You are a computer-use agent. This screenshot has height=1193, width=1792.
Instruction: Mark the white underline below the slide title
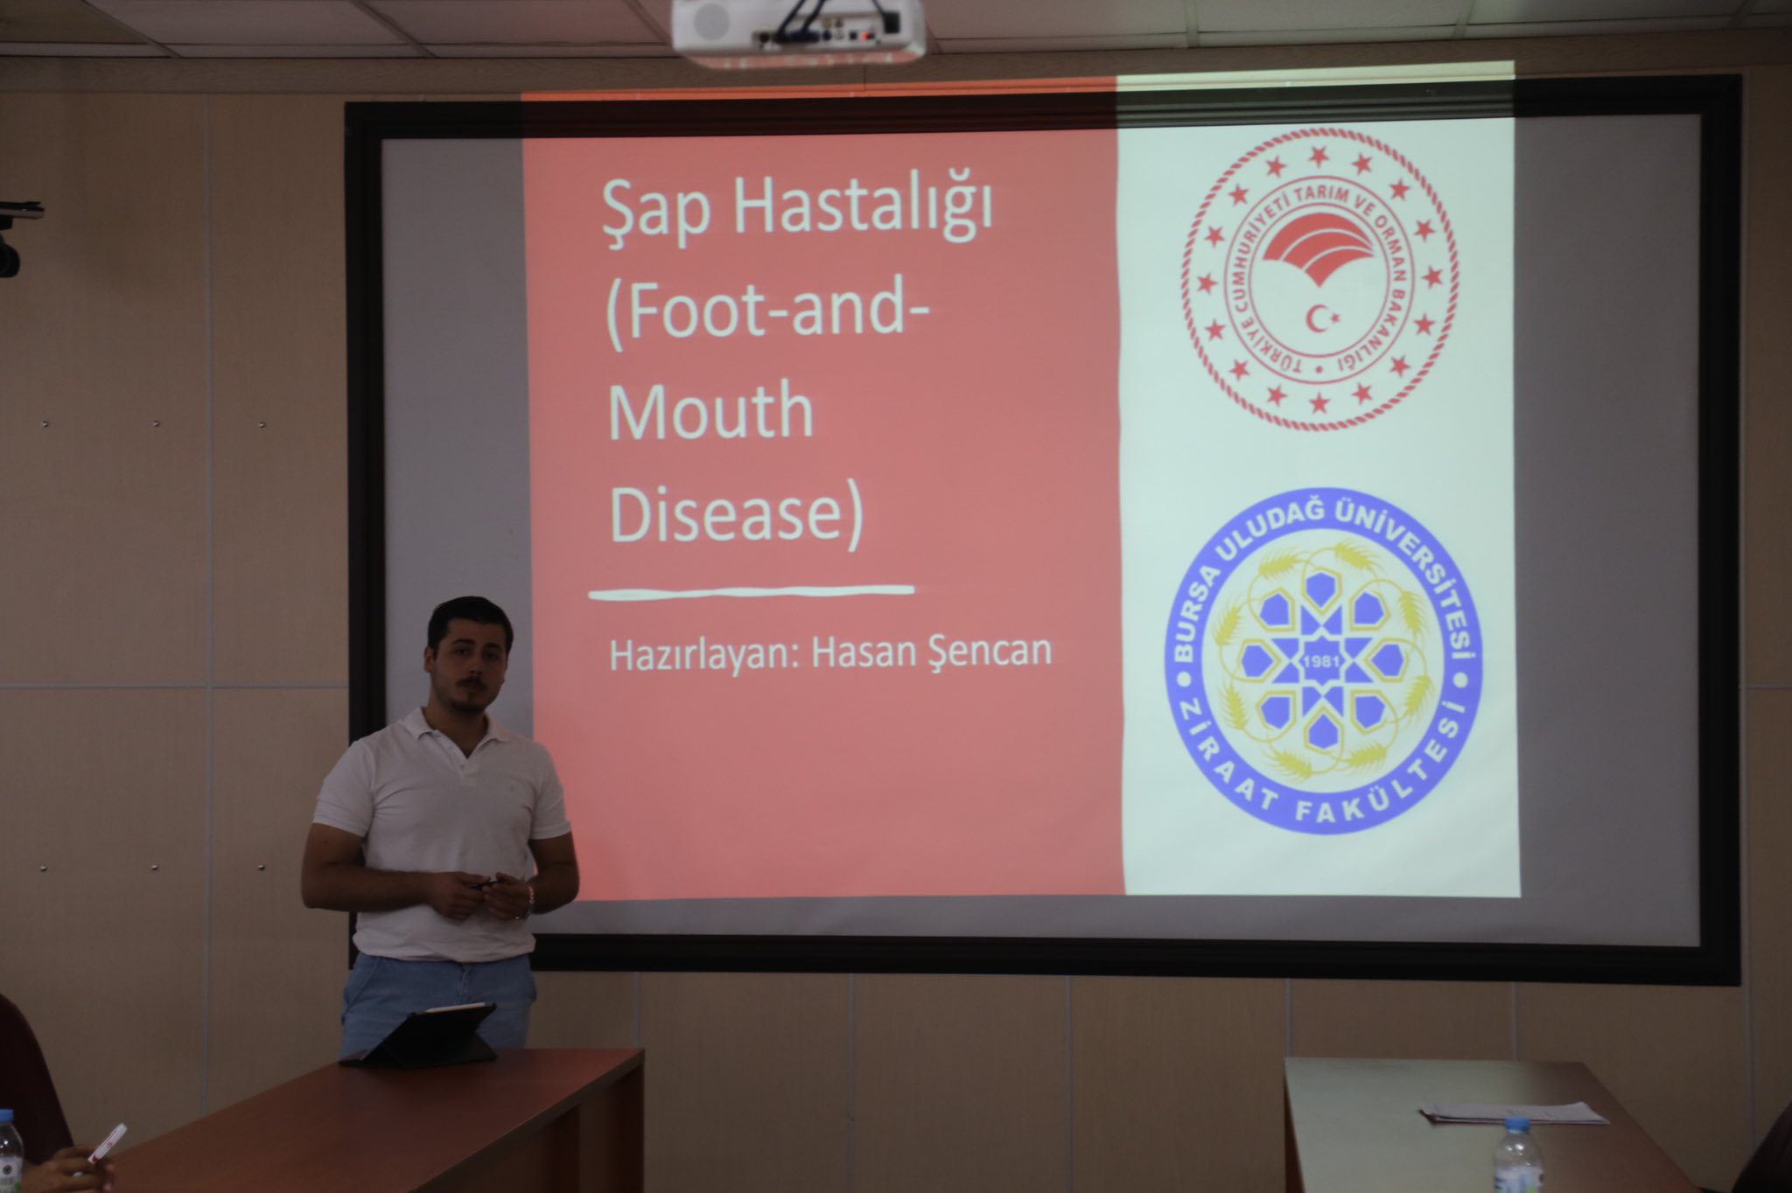click(x=752, y=593)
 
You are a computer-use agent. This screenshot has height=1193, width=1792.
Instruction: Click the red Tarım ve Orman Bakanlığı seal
click(x=1320, y=279)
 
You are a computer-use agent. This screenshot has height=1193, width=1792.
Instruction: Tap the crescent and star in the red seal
click(x=1319, y=318)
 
